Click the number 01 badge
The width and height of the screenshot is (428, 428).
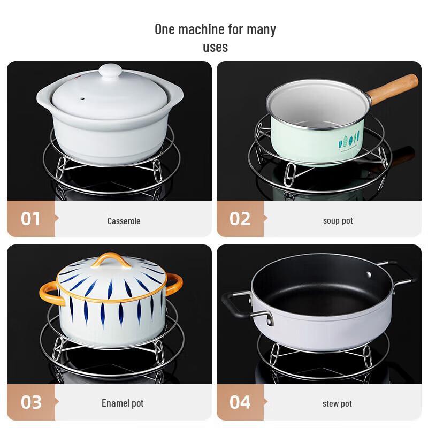(x=30, y=219)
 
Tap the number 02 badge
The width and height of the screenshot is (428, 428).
(x=240, y=219)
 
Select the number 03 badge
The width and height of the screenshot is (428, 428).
(x=30, y=402)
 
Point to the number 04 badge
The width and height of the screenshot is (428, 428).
(x=240, y=402)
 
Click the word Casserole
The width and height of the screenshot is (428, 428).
(x=124, y=221)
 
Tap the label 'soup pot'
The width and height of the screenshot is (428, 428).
(x=338, y=220)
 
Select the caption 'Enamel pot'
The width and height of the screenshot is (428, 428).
(x=123, y=403)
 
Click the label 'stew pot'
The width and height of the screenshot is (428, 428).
(x=337, y=403)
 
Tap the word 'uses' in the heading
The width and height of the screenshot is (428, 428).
(x=215, y=47)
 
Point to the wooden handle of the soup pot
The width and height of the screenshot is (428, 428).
(x=393, y=89)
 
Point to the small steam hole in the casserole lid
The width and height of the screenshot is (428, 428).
(x=82, y=99)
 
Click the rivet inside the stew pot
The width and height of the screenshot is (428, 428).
(x=368, y=274)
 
